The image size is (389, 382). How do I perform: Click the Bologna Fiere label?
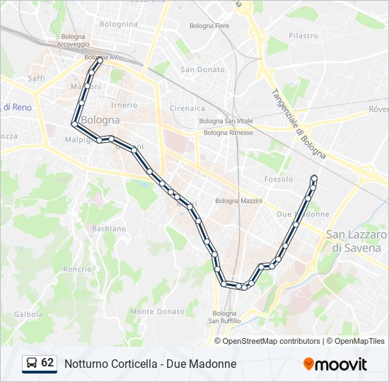point(209,26)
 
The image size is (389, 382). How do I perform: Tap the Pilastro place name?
point(303,35)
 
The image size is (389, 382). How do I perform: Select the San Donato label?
point(202,69)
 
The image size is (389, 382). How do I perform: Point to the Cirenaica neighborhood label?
point(187,108)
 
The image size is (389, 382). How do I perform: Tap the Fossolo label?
point(278,179)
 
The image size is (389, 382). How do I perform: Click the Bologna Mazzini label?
point(238,201)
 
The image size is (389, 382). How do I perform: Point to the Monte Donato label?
point(157,311)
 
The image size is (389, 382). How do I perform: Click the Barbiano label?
point(109,228)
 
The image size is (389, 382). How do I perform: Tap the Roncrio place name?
point(77,269)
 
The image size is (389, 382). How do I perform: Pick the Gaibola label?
point(28,314)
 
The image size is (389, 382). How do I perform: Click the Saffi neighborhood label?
point(36,79)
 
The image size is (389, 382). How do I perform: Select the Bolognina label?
point(119,24)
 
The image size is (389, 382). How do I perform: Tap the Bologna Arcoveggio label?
point(74,40)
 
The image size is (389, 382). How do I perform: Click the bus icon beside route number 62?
point(32,364)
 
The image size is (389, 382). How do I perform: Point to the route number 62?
point(47,363)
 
